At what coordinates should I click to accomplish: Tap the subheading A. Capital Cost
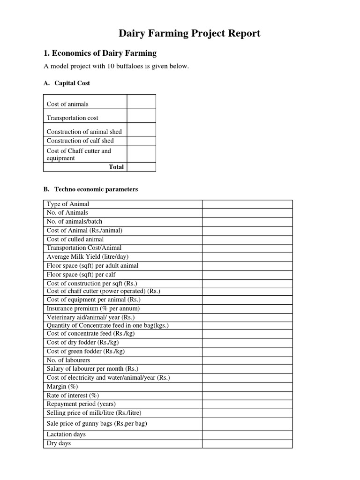pyautogui.click(x=67, y=83)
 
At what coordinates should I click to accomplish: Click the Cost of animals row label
pyautogui.click(x=67, y=104)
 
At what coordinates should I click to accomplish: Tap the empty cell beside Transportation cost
pyautogui.click(x=141, y=116)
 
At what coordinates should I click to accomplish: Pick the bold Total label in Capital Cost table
pyautogui.click(x=116, y=167)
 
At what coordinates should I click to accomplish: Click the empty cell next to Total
pyautogui.click(x=141, y=167)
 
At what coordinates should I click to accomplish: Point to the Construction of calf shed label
pyautogui.click(x=80, y=141)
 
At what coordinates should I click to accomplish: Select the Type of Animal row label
pyautogui.click(x=68, y=204)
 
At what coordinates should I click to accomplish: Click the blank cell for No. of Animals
pyautogui.click(x=247, y=213)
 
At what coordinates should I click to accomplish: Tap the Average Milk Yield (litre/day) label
pyautogui.click(x=88, y=257)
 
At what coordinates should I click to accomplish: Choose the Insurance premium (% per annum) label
pyautogui.click(x=93, y=308)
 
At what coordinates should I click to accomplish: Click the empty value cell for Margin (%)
pyautogui.click(x=247, y=387)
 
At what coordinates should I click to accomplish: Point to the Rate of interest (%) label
pyautogui.click(x=73, y=395)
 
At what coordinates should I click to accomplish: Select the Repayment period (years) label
pyautogui.click(x=81, y=404)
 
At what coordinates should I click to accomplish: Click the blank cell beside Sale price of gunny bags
pyautogui.click(x=247, y=424)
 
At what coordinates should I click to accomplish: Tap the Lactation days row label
pyautogui.click(x=66, y=435)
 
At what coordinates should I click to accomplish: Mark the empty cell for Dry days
pyautogui.click(x=247, y=443)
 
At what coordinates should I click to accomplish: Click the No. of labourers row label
pyautogui.click(x=68, y=360)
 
